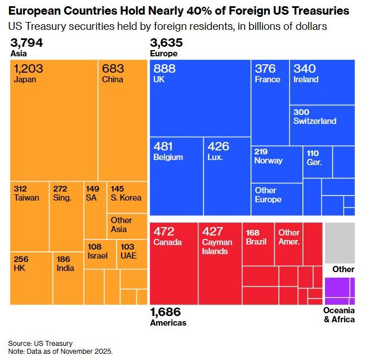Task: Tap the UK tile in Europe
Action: coord(200,99)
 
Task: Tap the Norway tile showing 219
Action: coord(277,163)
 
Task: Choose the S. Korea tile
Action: coord(127,197)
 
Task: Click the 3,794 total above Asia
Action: coord(27,43)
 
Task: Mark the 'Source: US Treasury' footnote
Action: coord(40,343)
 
